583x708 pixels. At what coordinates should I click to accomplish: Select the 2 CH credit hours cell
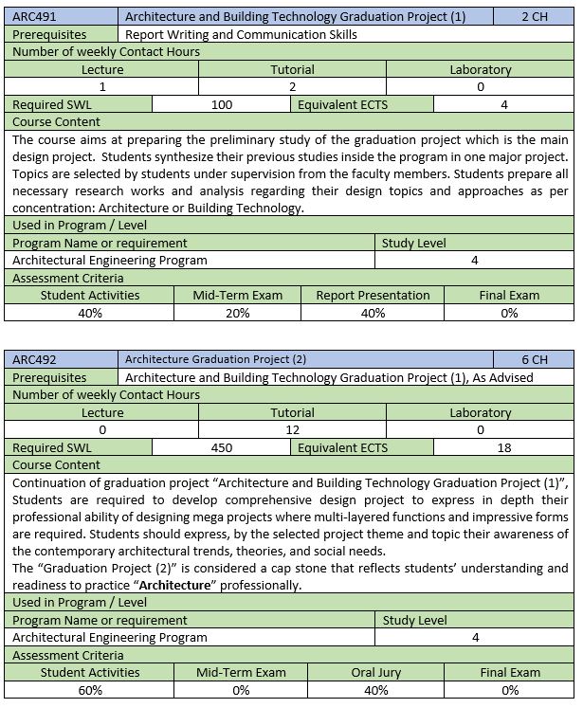534,16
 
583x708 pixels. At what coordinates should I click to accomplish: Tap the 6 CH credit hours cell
534,359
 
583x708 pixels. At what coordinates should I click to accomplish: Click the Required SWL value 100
221,104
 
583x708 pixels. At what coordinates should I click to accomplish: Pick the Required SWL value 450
221,447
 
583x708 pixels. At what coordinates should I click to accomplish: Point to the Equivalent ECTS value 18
504,447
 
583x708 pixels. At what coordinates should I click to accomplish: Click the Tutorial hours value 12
292,429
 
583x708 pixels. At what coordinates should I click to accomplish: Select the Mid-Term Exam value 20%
237,313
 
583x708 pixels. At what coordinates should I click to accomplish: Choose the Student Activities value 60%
90,690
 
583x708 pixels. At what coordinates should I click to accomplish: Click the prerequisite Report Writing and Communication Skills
242,34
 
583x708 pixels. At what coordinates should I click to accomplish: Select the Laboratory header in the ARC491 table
480,69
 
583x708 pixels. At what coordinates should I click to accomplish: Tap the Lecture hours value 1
102,86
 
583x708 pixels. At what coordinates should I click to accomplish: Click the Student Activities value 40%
90,313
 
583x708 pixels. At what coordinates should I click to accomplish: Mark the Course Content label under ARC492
56,465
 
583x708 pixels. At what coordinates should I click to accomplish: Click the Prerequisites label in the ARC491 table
49,34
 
